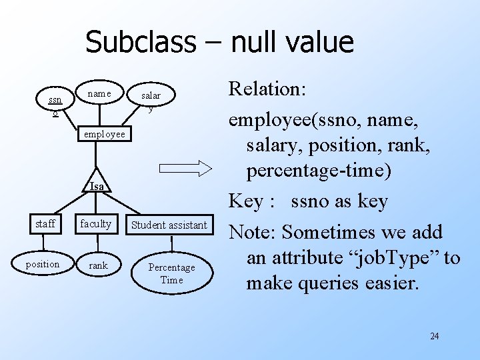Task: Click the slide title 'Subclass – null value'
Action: click(x=219, y=42)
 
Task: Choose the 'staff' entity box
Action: click(x=45, y=224)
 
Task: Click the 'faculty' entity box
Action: click(x=96, y=224)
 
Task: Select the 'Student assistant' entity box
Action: click(x=169, y=225)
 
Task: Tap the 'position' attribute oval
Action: click(x=43, y=264)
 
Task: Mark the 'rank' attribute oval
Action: click(x=97, y=265)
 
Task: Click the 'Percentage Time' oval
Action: click(x=171, y=273)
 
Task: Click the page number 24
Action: click(x=434, y=336)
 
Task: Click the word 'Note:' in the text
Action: click(x=253, y=233)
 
